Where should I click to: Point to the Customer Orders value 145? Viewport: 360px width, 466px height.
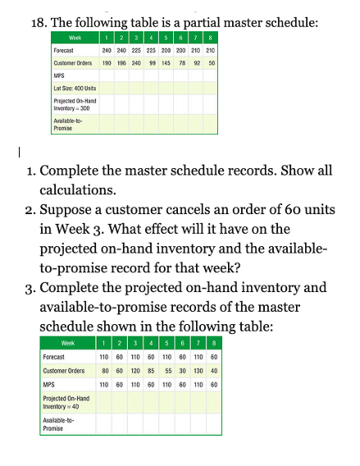(166, 62)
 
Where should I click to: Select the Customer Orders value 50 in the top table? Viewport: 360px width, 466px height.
(212, 62)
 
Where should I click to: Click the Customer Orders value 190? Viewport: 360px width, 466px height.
(107, 62)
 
